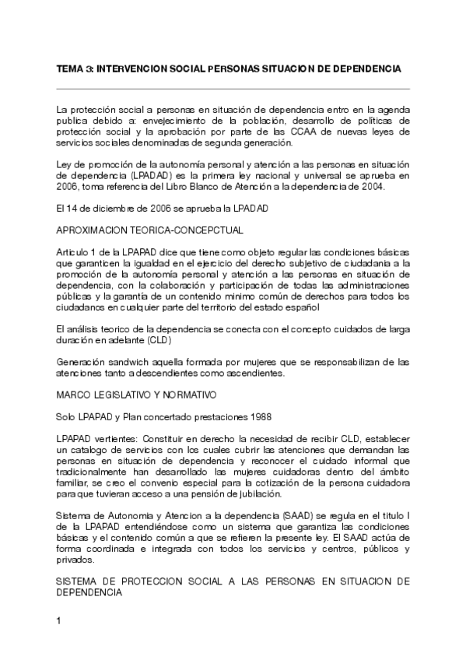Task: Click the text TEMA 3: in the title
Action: (x=74, y=69)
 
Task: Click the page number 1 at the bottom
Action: (x=59, y=620)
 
